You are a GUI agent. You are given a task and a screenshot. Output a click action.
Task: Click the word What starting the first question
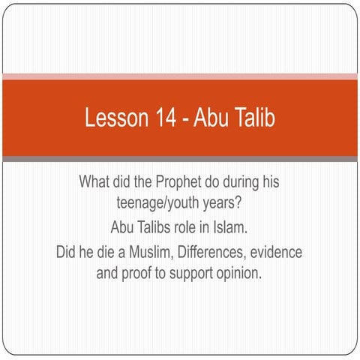point(95,181)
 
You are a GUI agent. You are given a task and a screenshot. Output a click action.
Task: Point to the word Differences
point(223,250)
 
